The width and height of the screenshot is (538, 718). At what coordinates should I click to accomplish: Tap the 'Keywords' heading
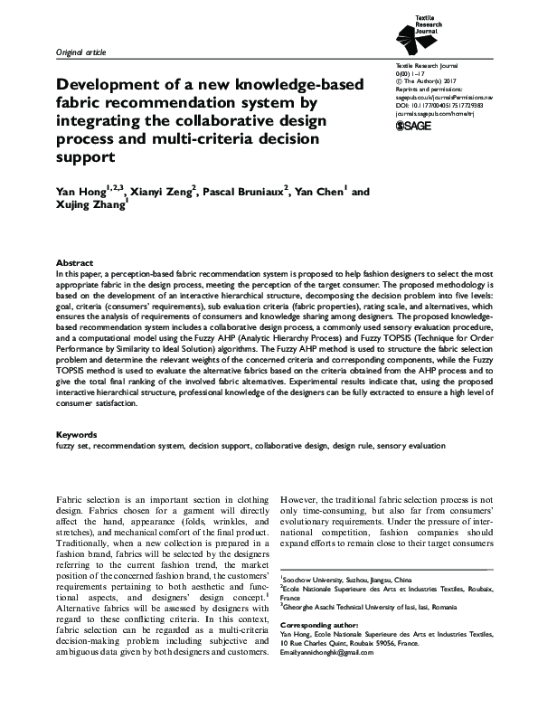78,435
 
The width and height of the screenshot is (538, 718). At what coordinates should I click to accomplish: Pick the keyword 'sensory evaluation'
411,446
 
